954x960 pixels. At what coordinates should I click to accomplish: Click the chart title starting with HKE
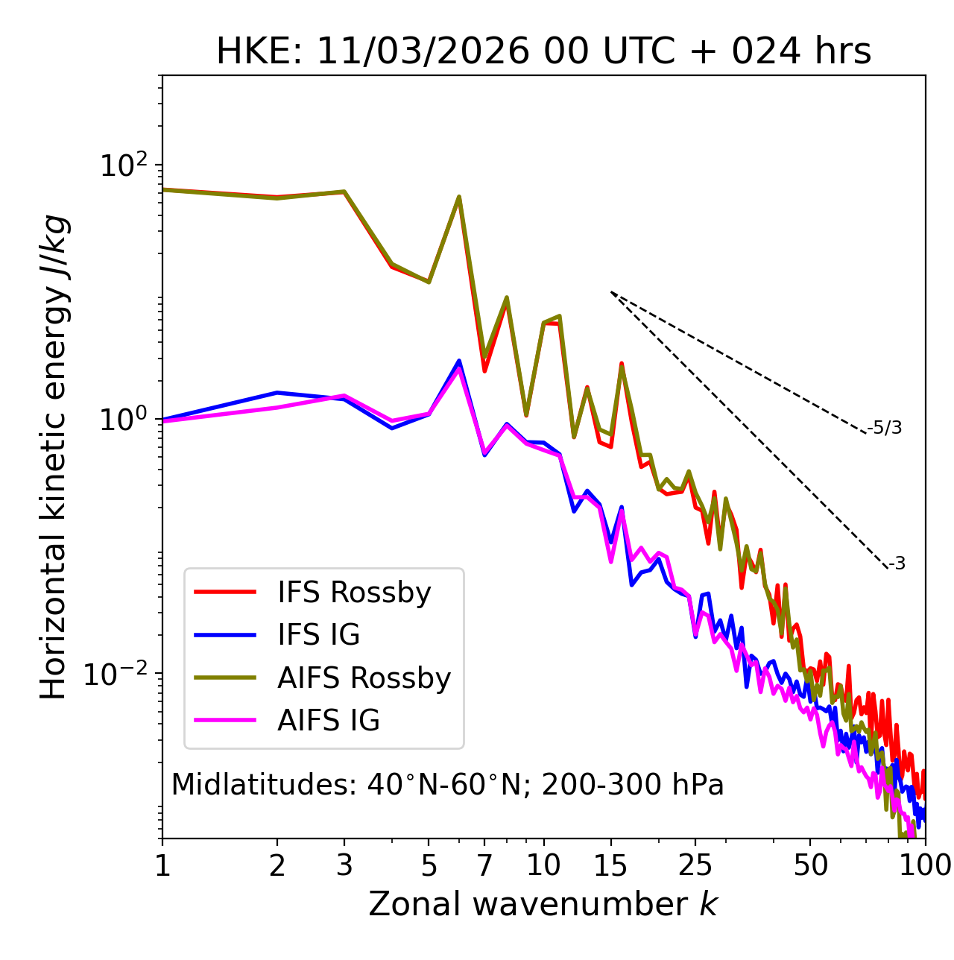[543, 52]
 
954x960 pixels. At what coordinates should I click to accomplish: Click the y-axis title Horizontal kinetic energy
[54, 457]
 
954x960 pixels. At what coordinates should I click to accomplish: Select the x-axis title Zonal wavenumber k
[543, 904]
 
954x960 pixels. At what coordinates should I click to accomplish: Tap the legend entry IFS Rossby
[354, 593]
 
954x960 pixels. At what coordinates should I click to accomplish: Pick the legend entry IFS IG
[318, 635]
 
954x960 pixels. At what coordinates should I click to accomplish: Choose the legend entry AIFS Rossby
[364, 678]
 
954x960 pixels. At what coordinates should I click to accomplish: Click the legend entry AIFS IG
[328, 721]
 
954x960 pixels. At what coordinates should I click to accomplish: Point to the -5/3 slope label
[885, 429]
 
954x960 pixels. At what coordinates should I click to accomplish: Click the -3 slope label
[897, 564]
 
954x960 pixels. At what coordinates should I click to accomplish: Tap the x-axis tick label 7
[484, 865]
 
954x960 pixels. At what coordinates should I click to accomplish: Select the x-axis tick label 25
[695, 865]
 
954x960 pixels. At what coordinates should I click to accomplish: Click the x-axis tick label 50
[810, 865]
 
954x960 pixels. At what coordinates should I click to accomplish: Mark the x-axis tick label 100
[925, 865]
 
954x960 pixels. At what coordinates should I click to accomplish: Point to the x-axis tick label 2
[277, 865]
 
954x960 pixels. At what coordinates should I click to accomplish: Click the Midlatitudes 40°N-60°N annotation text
[447, 785]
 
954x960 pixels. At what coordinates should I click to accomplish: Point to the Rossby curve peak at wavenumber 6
[459, 197]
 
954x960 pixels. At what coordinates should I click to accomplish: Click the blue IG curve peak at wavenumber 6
[459, 361]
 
